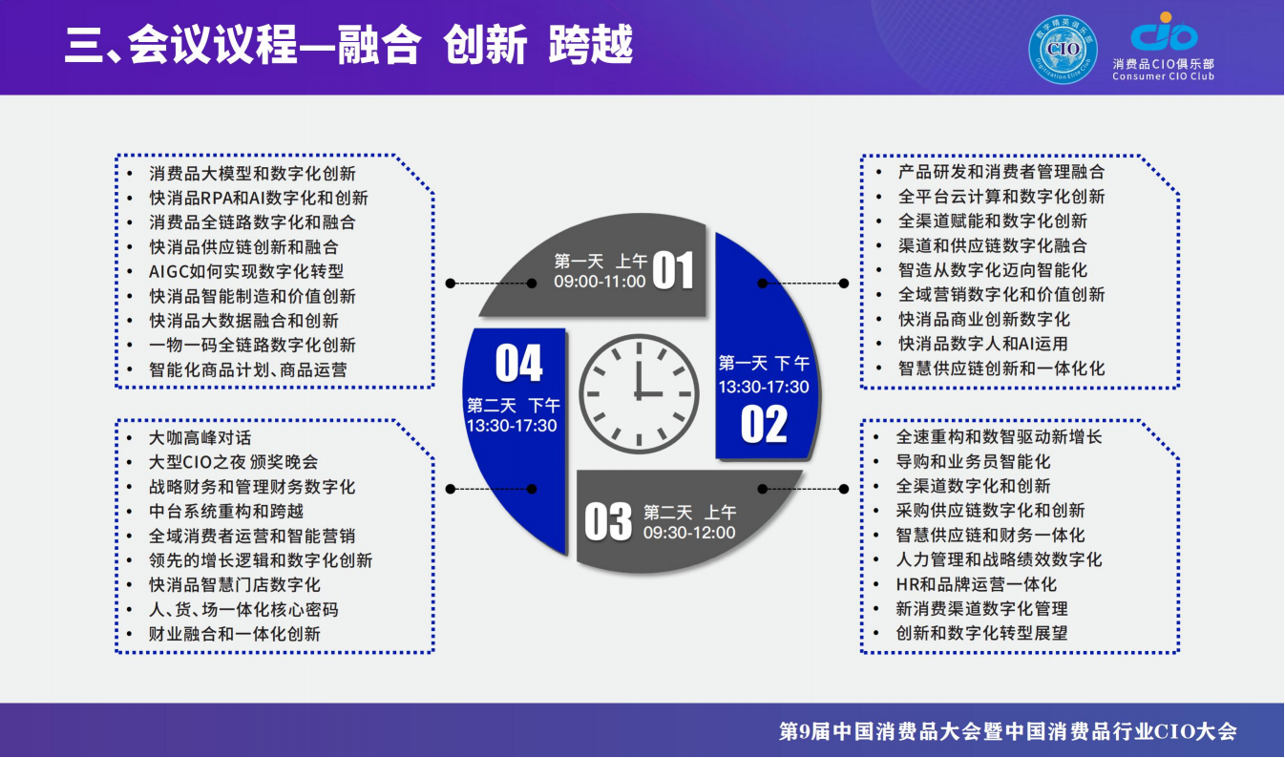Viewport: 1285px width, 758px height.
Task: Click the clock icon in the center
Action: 639,392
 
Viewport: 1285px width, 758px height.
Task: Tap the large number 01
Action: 672,270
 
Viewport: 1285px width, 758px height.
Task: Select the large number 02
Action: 764,424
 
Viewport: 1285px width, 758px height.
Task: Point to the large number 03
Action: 608,522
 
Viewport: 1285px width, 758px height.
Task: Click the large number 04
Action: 518,364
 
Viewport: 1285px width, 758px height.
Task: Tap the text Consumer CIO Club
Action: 1163,76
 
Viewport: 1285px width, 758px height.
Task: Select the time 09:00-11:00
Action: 600,282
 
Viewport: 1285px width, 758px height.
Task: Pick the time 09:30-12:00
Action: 689,533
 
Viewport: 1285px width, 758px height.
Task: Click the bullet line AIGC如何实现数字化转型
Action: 246,271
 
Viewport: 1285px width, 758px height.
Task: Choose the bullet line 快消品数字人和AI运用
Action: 982,344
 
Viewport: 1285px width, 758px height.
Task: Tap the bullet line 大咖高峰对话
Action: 200,437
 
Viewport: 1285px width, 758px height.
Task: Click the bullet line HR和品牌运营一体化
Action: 976,584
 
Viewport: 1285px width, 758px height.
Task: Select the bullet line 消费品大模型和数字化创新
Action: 252,174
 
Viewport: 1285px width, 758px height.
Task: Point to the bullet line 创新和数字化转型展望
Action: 980,633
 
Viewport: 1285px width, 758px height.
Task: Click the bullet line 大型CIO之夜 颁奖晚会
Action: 234,462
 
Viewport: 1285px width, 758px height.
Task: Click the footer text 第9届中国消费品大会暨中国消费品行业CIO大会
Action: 1008,732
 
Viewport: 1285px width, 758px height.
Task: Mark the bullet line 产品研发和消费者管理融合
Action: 1001,172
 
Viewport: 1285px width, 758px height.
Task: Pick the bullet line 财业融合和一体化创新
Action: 235,634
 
